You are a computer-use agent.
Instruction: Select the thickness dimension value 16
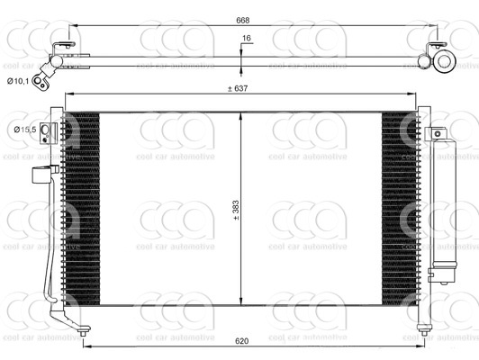[246, 39]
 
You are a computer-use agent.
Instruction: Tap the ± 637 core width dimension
[239, 87]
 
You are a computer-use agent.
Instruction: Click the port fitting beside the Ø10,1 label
[40, 81]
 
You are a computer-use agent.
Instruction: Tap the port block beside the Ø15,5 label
[50, 132]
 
